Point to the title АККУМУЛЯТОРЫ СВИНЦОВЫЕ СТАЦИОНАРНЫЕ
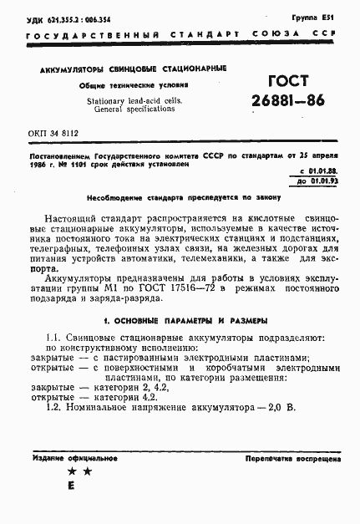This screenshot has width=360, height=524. (127, 69)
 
